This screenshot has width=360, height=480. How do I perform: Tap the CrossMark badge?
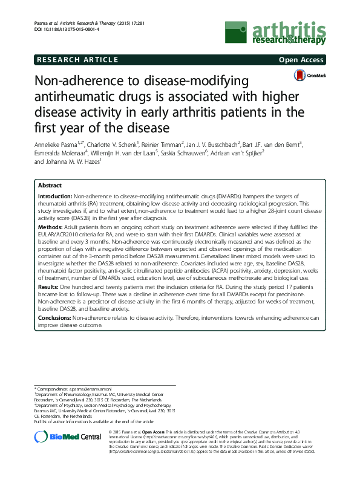309,76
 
